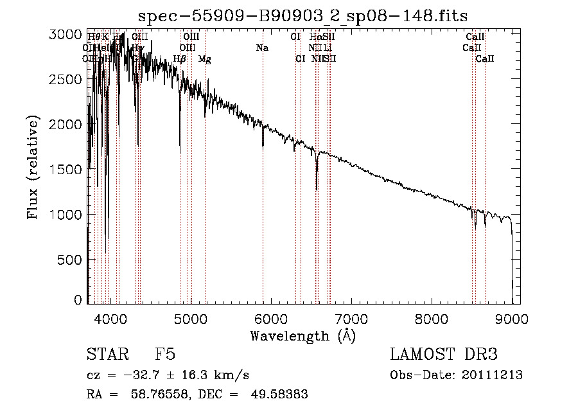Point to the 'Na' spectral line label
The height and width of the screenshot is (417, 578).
click(x=262, y=48)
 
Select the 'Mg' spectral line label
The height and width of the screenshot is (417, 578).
click(x=204, y=59)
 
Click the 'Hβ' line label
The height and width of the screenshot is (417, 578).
click(x=180, y=59)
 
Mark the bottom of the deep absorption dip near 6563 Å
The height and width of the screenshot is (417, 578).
click(x=317, y=189)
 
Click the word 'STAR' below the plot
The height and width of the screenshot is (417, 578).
click(x=107, y=355)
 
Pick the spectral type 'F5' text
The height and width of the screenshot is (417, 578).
click(x=165, y=355)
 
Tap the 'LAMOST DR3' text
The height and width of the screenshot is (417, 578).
click(x=444, y=355)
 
